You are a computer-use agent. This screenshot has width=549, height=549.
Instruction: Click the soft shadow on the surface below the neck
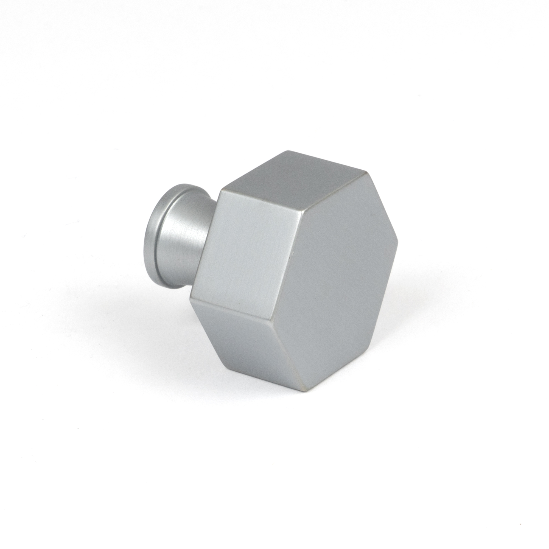coord(170,301)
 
